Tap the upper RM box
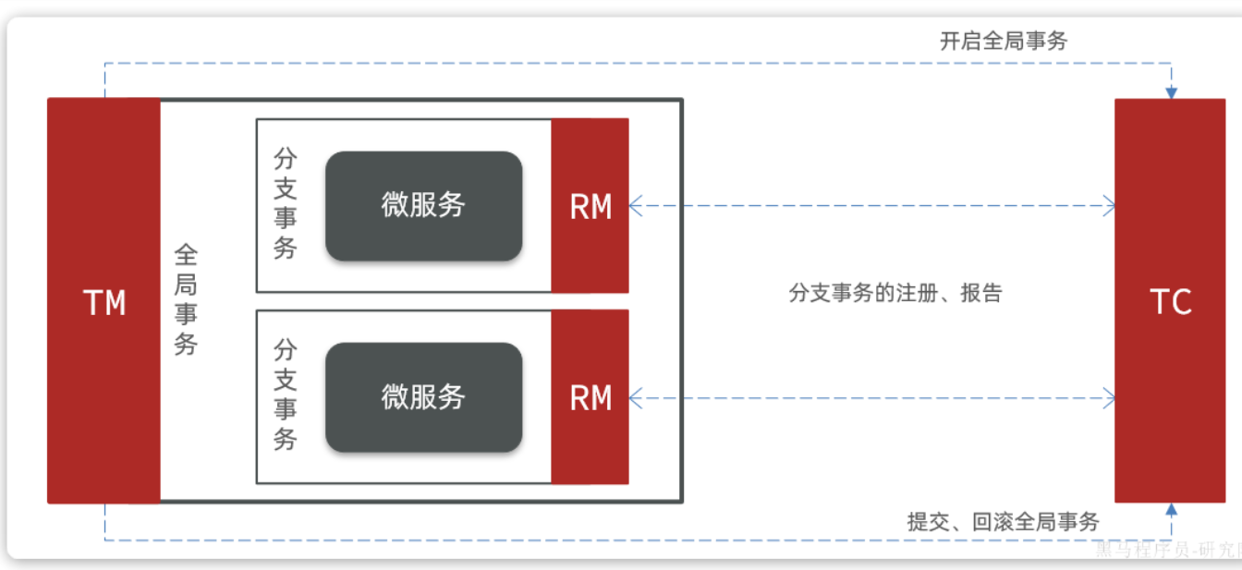pos(590,205)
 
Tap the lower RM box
pos(590,397)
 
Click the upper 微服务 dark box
pos(423,205)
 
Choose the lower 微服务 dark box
pos(423,397)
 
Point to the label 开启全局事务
pos(1004,41)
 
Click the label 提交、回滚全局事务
pos(1004,521)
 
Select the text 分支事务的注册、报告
pos(895,294)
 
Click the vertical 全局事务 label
pos(186,300)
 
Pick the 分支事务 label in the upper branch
pos(286,205)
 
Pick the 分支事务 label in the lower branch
pos(286,394)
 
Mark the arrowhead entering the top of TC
pos(1171,92)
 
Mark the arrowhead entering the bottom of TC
pos(1171,510)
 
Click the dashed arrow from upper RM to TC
pos(869,206)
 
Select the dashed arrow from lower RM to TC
pos(869,398)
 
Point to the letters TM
pos(103,303)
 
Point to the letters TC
pos(1170,302)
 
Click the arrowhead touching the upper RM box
pos(636,206)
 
